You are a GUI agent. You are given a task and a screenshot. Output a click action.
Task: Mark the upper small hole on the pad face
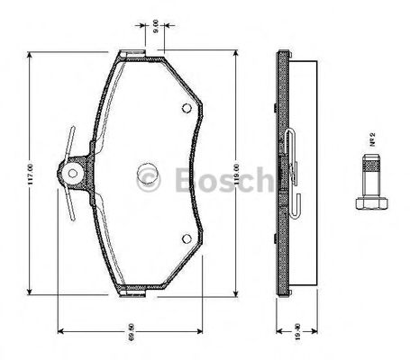point(186,109)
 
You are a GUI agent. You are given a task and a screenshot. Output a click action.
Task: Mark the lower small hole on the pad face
point(186,239)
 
